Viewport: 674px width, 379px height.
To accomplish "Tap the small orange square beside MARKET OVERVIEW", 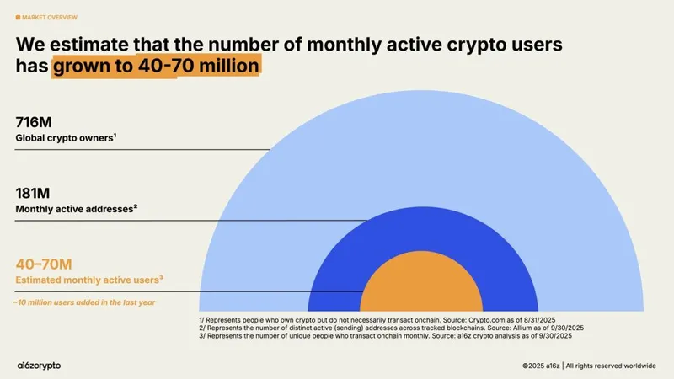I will pos(19,16).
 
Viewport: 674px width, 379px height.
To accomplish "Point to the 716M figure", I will pos(33,124).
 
